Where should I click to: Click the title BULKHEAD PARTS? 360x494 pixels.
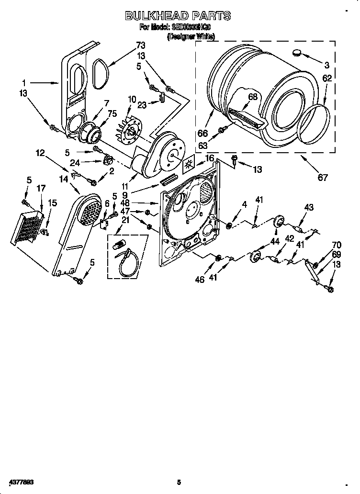click(178, 16)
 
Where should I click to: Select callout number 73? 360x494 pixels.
click(140, 45)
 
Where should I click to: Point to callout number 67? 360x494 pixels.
click(323, 178)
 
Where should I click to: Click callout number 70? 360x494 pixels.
click(337, 245)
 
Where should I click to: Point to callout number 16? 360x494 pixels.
click(209, 158)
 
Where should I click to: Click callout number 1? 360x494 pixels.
click(23, 82)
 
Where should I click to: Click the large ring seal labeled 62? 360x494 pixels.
click(314, 125)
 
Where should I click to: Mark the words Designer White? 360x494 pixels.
click(191, 36)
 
